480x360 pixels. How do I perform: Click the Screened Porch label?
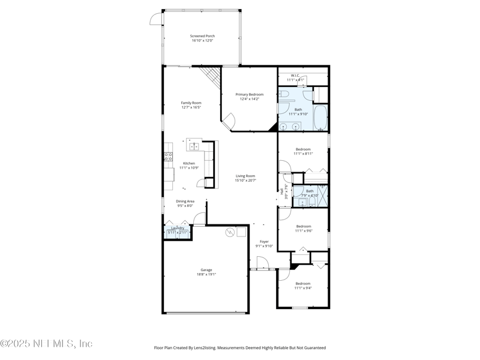click(202, 36)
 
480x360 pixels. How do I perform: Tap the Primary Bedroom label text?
click(249, 94)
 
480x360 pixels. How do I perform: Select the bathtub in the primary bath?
click(321, 119)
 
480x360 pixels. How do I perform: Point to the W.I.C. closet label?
click(295, 76)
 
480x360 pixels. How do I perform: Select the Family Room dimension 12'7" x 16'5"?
click(191, 107)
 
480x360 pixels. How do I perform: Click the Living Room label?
click(245, 176)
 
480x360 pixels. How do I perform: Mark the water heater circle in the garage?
click(229, 232)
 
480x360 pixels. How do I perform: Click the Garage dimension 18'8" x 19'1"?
click(206, 274)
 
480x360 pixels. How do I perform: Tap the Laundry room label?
click(178, 228)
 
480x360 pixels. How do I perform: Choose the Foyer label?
click(264, 241)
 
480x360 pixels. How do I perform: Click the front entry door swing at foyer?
click(262, 263)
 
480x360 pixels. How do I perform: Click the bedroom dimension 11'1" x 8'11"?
click(302, 154)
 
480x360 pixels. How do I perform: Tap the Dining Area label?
click(185, 201)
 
